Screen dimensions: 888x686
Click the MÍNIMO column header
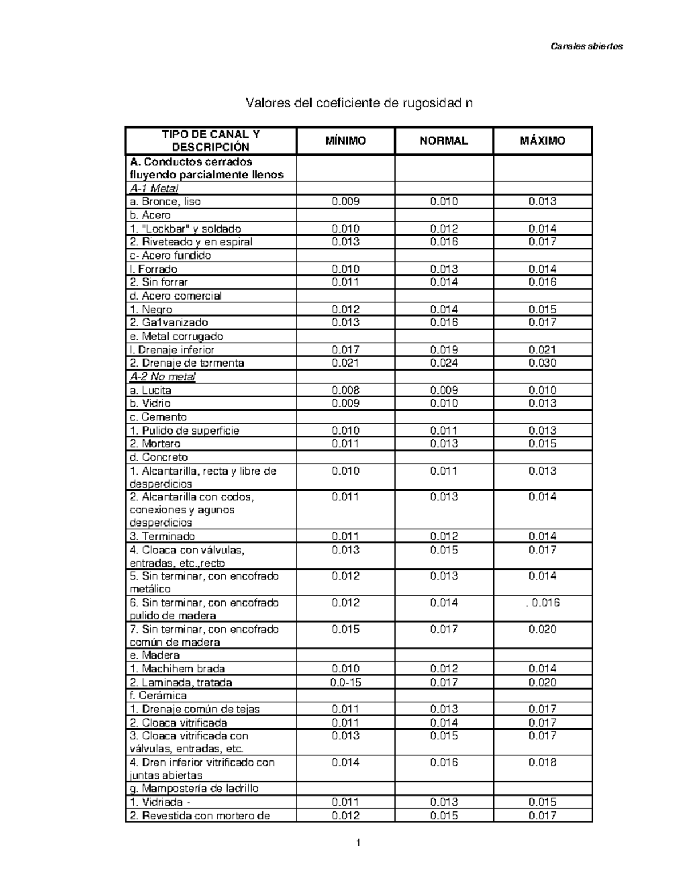click(x=345, y=141)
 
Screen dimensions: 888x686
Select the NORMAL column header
click(x=444, y=141)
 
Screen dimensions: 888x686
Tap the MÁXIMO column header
click(x=543, y=141)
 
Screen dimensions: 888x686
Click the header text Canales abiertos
click(x=587, y=46)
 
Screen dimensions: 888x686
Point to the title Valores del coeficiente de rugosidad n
click(x=359, y=103)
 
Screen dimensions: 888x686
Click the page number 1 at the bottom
click(x=358, y=842)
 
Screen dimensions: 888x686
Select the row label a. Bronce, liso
click(x=165, y=201)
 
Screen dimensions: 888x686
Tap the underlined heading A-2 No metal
click(x=163, y=376)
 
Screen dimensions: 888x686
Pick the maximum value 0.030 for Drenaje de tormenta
click(x=543, y=363)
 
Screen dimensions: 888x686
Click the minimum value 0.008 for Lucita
click(x=345, y=390)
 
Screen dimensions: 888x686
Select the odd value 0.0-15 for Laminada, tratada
click(x=345, y=682)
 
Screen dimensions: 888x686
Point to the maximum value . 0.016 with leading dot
click(x=543, y=602)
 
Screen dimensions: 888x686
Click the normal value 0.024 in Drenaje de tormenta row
click(x=444, y=363)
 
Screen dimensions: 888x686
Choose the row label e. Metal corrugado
click(x=177, y=336)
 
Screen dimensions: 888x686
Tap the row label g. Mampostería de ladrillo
click(x=194, y=788)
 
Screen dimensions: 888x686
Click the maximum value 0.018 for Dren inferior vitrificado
click(x=543, y=762)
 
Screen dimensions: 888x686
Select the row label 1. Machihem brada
click(x=177, y=668)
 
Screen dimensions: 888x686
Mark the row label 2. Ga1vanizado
click(x=169, y=322)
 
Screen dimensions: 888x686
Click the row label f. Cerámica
click(x=158, y=695)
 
